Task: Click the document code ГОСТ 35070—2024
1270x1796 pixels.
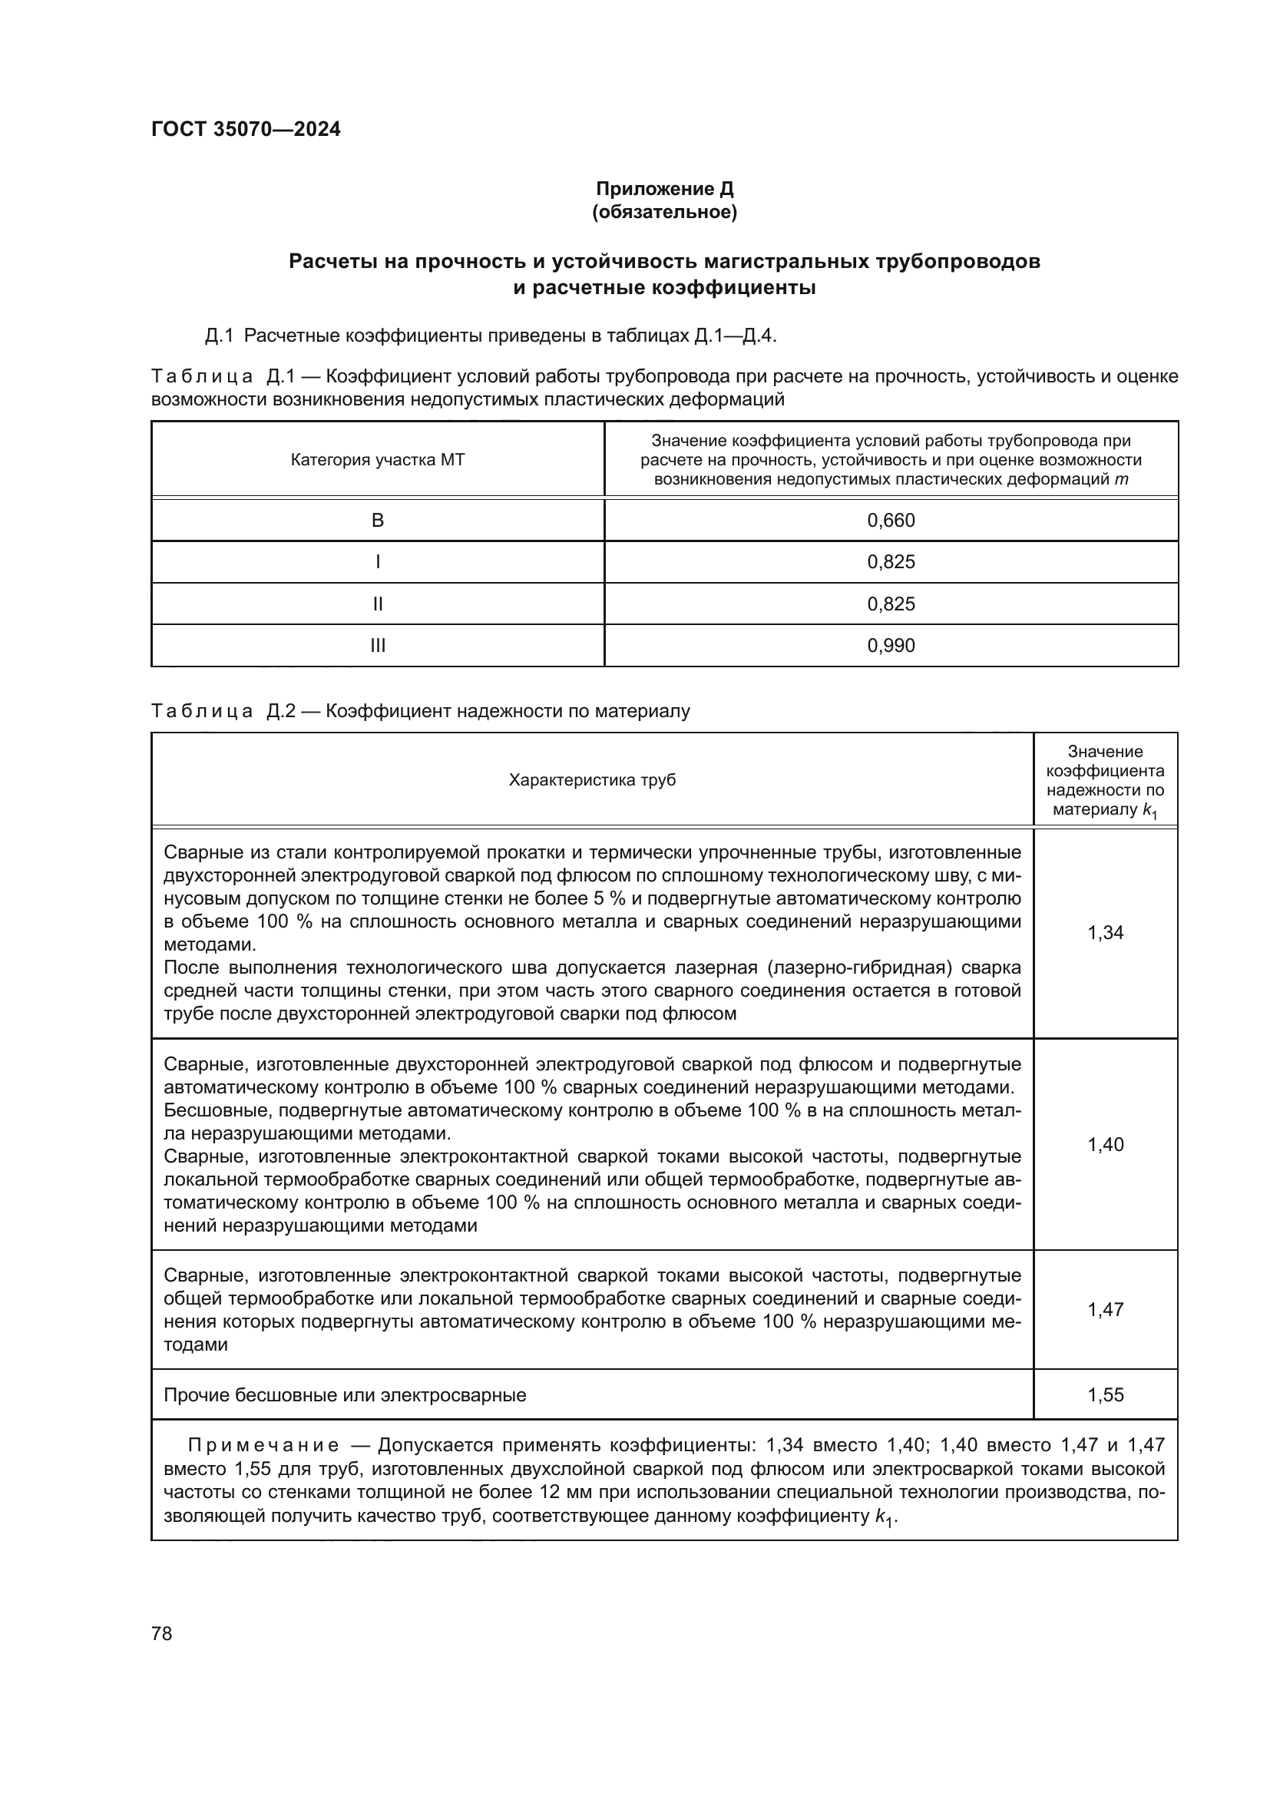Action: pos(246,129)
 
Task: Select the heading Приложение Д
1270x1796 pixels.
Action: pos(665,189)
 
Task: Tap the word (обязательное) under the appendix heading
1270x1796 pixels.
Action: pos(665,212)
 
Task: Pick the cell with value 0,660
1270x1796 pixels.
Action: pos(891,520)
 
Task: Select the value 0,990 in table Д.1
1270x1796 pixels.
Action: pos(891,645)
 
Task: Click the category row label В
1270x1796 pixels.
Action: pos(378,520)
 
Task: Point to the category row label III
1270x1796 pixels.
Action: pos(378,645)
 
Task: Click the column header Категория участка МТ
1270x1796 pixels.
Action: pos(378,460)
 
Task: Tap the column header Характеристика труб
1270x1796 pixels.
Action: pos(592,780)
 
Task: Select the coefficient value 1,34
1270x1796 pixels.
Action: pos(1105,932)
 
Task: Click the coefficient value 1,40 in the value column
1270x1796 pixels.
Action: pos(1105,1144)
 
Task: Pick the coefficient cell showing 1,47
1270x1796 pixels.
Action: pos(1105,1309)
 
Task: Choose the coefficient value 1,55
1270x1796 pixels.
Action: pos(1105,1394)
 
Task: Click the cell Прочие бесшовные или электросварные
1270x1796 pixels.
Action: pos(345,1394)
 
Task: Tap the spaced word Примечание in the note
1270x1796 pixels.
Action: pos(263,1445)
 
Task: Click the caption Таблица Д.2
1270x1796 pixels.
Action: pos(222,711)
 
